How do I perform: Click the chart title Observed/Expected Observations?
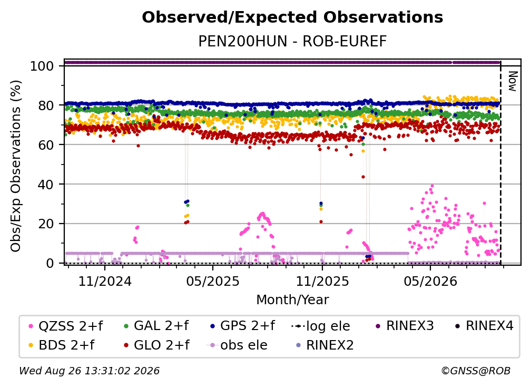pos(292,17)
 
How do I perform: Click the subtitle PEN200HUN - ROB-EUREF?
pos(292,42)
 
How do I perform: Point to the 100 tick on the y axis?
pos(42,66)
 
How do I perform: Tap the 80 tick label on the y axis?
pos(46,105)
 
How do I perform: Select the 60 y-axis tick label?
pos(46,145)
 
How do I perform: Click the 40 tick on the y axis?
pos(46,185)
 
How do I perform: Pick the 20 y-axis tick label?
pos(46,224)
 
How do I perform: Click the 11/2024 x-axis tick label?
pos(105,281)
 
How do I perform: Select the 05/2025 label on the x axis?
pos(213,281)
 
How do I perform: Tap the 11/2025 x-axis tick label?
pos(322,281)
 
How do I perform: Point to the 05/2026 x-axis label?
pos(430,281)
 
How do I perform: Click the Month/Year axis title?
pos(292,299)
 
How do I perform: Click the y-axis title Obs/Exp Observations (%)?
pos(16,166)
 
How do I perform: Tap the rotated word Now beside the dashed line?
pos(513,81)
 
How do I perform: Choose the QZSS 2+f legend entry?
pos(66,326)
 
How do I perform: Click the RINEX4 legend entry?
pos(484,326)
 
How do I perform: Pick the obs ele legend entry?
pos(237,345)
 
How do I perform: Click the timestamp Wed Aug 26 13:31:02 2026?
pos(90,371)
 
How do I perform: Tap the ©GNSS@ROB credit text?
pos(476,371)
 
